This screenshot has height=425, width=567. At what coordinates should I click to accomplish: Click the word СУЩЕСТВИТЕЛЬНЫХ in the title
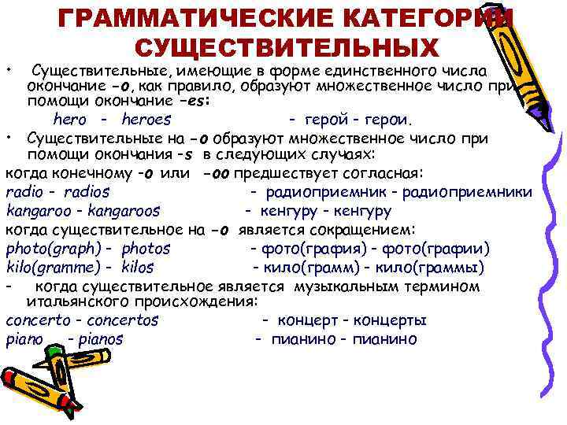[x=287, y=46]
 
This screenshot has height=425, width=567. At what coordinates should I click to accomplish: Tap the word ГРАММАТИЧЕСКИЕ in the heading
[x=188, y=17]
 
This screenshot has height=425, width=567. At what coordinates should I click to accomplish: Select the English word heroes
[x=146, y=120]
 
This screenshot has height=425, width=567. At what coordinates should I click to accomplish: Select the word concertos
[x=122, y=321]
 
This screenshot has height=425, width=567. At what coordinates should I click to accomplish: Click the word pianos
[x=100, y=340]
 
